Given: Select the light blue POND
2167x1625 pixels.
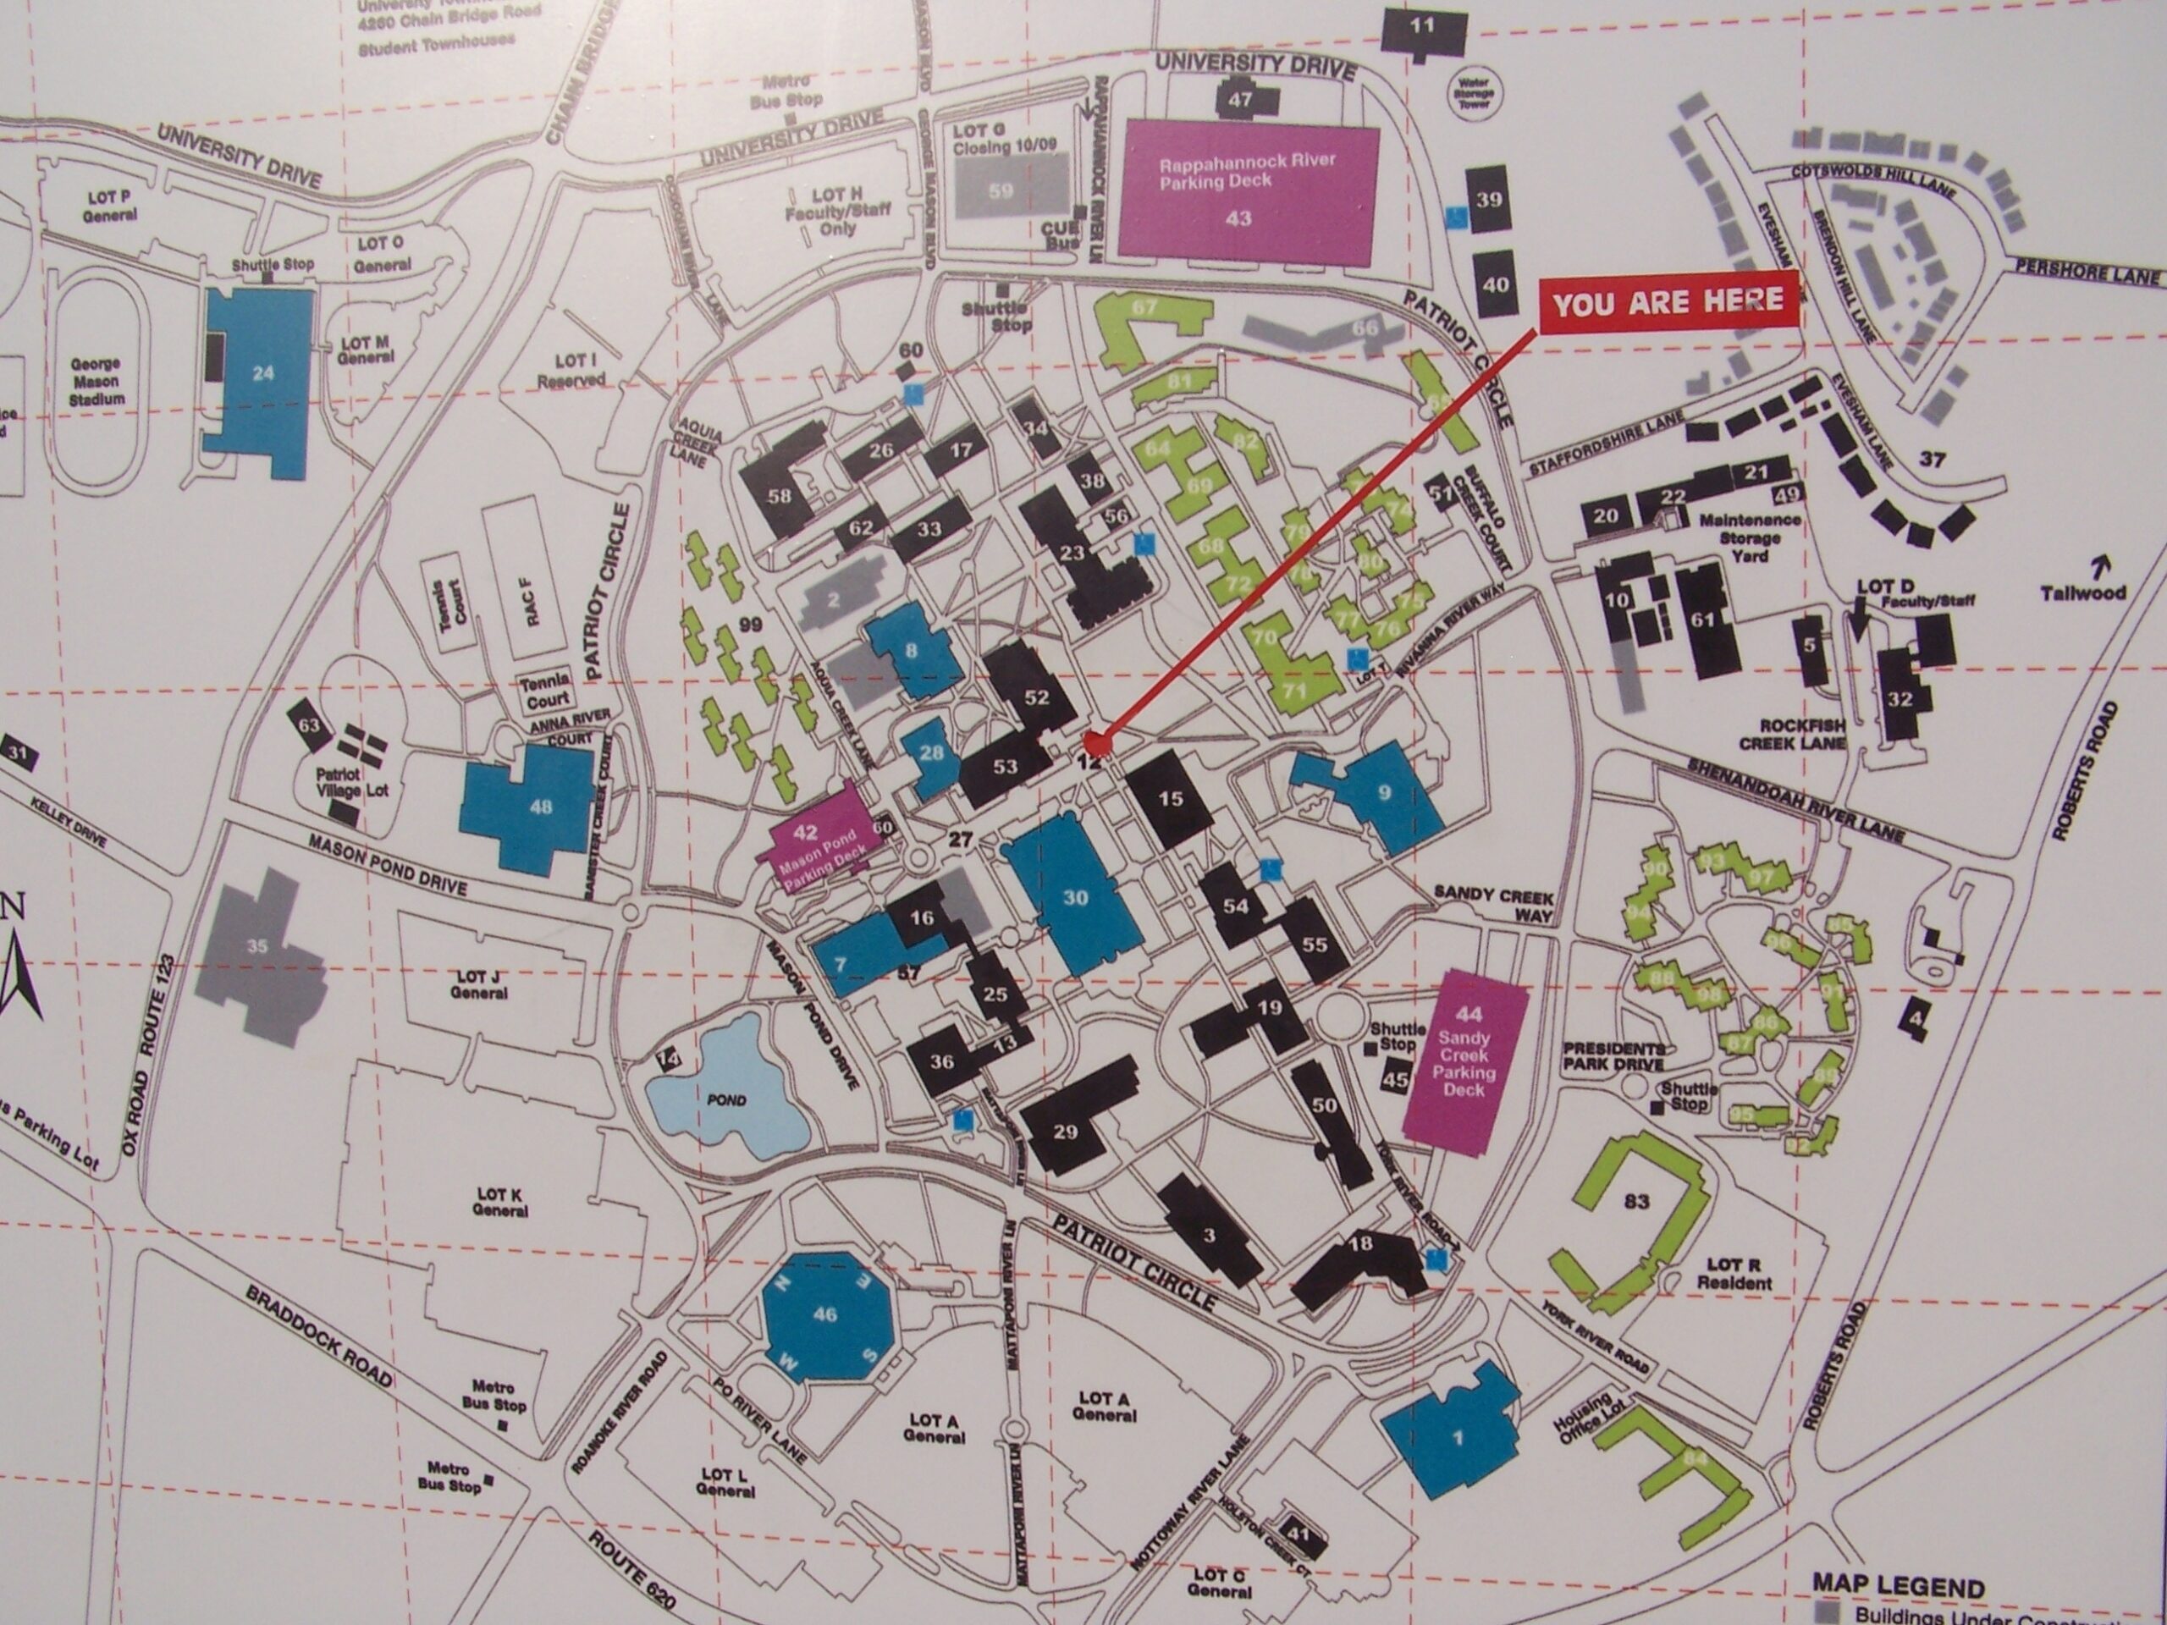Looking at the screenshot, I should pyautogui.click(x=725, y=1089).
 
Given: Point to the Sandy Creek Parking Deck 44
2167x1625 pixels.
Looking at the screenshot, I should pyautogui.click(x=1465, y=1063).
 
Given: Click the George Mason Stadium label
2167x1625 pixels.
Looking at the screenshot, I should pyautogui.click(x=95, y=381).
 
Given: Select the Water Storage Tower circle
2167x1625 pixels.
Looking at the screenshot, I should pyautogui.click(x=1474, y=92).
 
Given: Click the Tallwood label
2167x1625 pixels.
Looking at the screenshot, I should pyautogui.click(x=2082, y=592).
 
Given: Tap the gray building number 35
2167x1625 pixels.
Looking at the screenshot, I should pyautogui.click(x=256, y=947).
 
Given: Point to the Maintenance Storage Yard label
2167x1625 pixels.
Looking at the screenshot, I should pyautogui.click(x=1749, y=537).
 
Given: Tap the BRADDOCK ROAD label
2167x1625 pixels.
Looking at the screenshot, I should pyautogui.click(x=319, y=1335).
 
